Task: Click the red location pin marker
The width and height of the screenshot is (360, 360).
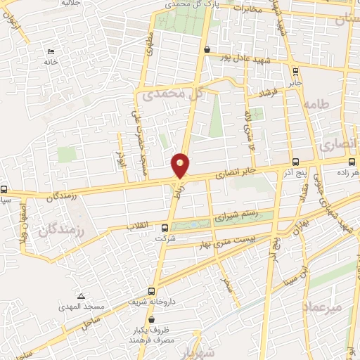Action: coord(181,166)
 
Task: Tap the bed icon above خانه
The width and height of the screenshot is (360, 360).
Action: coord(50,51)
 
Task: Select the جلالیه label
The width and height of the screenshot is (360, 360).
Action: coord(70,4)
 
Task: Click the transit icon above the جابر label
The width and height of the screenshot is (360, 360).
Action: coord(295,70)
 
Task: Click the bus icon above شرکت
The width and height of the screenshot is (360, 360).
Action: coord(165,228)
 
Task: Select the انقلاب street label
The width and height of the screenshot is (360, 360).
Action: coord(140,226)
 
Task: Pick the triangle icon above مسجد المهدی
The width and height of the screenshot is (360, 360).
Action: coord(82,296)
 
